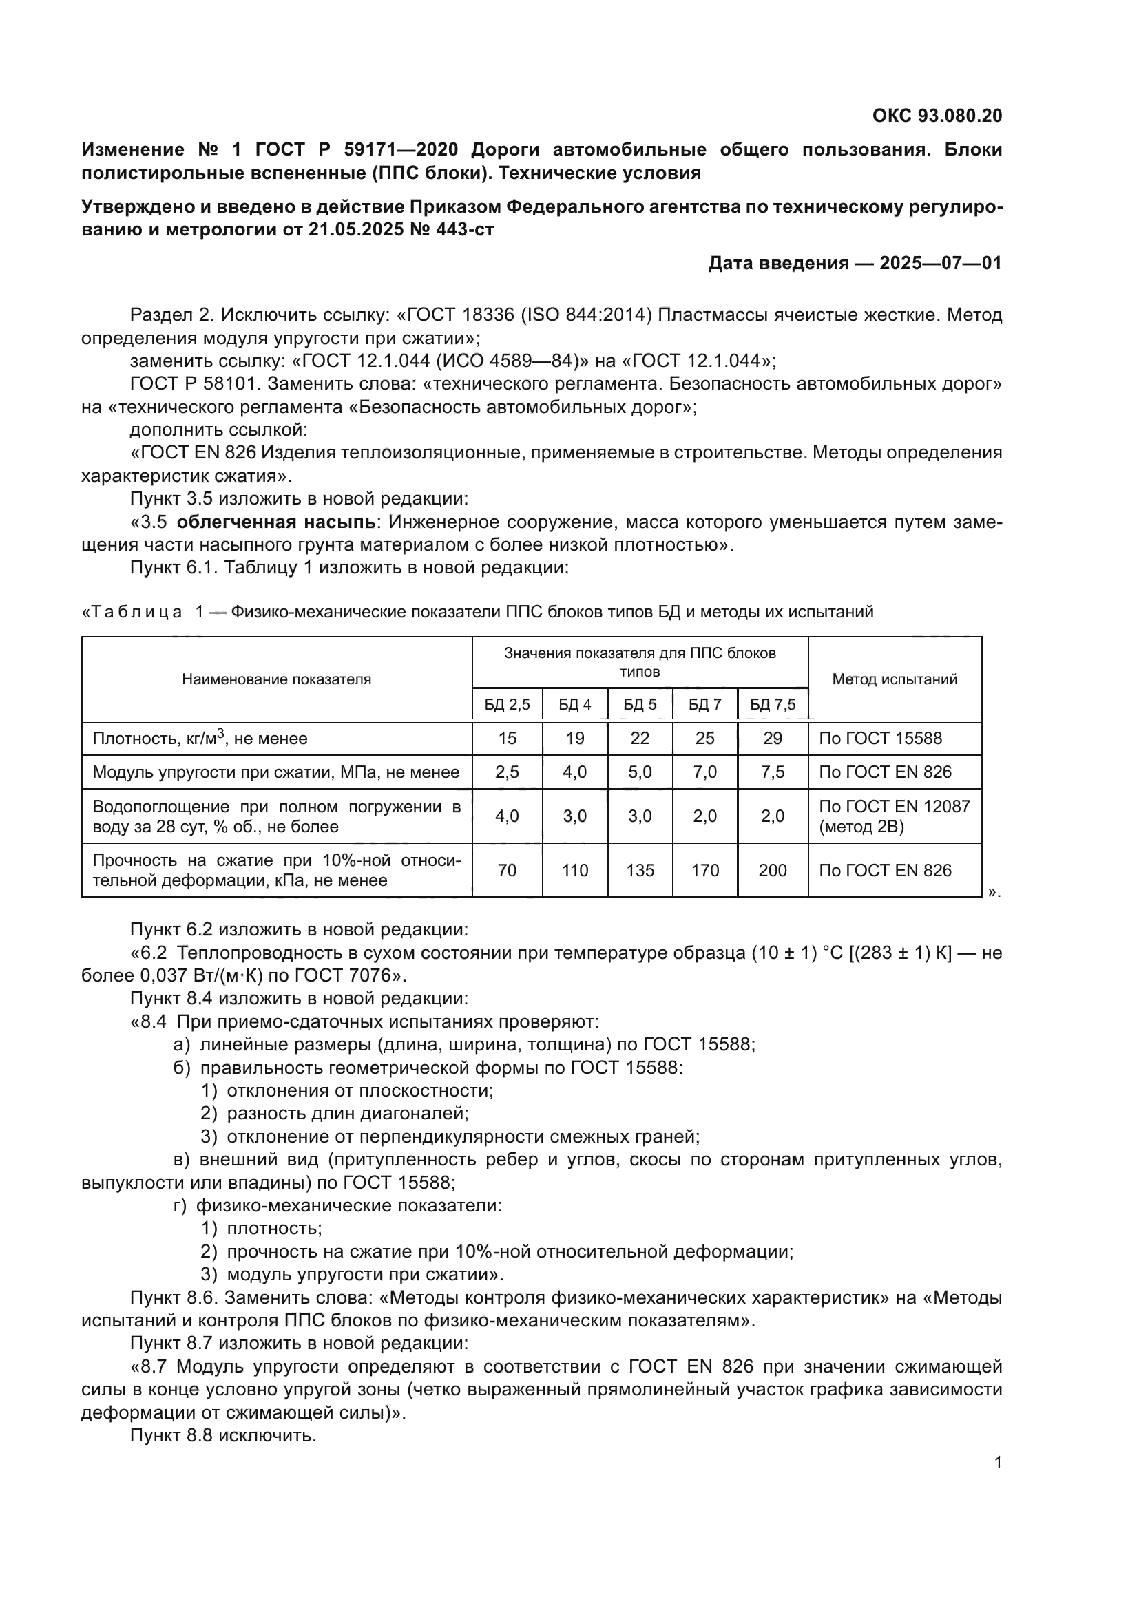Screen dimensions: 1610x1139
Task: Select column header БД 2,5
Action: click(x=507, y=705)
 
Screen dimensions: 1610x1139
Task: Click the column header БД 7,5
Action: click(x=772, y=705)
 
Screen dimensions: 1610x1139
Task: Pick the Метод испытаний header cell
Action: click(x=895, y=679)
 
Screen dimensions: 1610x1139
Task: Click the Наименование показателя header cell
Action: click(x=276, y=679)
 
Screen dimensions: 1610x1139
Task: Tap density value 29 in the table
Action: click(x=772, y=739)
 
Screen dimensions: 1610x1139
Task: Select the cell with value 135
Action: click(x=640, y=870)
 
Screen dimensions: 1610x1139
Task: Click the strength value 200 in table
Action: click(x=772, y=870)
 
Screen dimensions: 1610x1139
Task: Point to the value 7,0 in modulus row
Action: click(x=705, y=772)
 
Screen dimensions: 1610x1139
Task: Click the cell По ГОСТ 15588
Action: click(x=880, y=739)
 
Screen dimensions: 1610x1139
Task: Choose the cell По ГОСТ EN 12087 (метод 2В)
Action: click(x=895, y=816)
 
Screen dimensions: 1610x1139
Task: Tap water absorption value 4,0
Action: click(x=507, y=816)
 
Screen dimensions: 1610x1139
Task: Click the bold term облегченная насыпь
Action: click(x=277, y=522)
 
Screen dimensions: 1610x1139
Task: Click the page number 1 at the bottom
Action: click(x=998, y=1463)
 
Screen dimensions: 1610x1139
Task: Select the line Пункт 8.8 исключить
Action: click(x=223, y=1435)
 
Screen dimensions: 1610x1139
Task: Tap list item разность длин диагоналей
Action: click(x=347, y=1114)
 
